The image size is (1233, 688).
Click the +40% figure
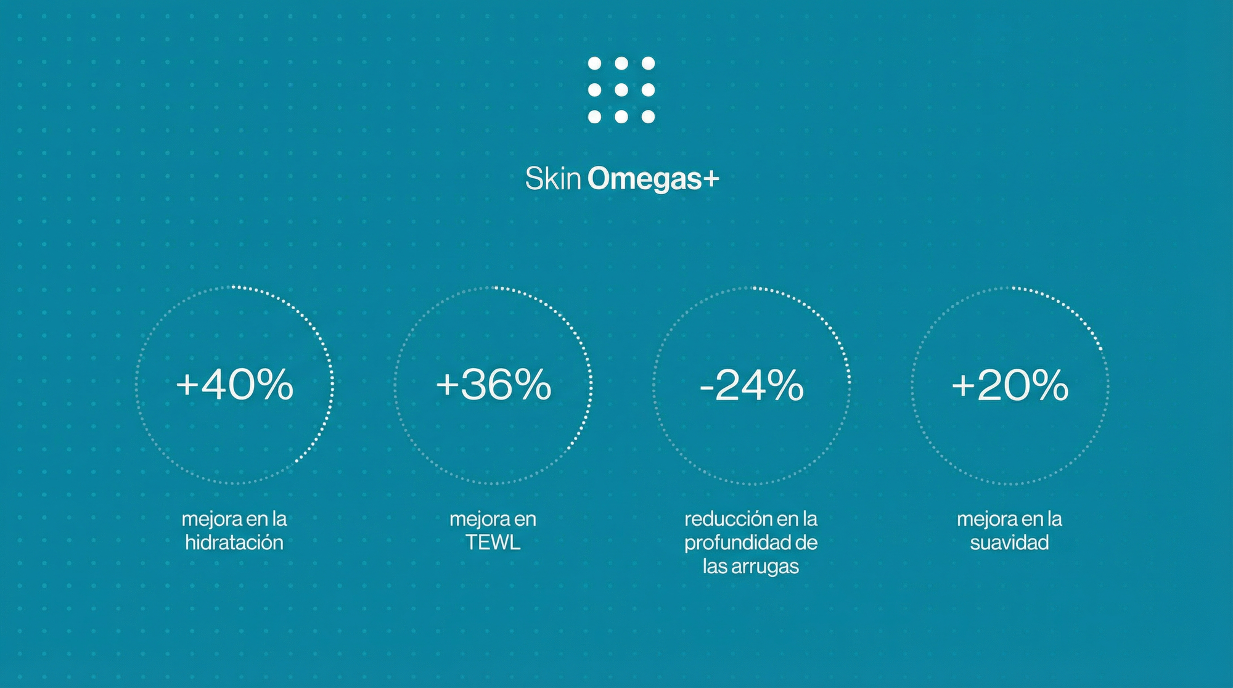pos(235,385)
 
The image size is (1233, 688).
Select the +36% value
pos(494,385)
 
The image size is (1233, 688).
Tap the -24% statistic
pos(752,385)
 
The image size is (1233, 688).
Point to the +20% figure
pos(1010,385)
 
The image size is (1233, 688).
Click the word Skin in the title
pos(553,179)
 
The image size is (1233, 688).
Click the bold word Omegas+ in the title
pos(653,179)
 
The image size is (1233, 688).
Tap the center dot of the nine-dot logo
pos(621,90)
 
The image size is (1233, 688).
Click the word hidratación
pos(234,543)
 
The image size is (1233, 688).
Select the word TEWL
pos(493,543)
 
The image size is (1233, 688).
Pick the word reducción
pos(729,519)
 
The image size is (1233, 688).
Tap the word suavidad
pos(1009,543)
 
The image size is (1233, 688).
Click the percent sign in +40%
pos(275,385)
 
